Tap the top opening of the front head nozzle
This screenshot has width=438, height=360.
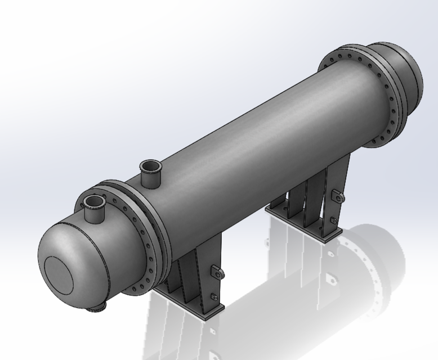tap(94, 201)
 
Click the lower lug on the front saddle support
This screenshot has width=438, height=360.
tap(213, 296)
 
